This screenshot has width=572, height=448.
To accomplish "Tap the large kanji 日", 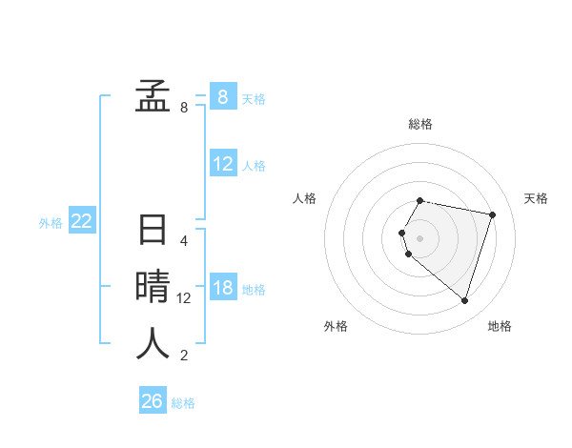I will pyautogui.click(x=153, y=232).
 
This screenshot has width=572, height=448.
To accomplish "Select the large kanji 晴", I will pyautogui.click(x=153, y=287).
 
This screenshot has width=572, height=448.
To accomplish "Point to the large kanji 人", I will pyautogui.click(x=153, y=342).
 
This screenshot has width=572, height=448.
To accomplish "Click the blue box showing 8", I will pyautogui.click(x=222, y=96).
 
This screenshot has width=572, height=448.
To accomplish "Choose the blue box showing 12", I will pyautogui.click(x=223, y=164).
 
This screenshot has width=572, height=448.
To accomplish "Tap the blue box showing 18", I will pyautogui.click(x=223, y=288).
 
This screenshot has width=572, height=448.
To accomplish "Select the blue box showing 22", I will pyautogui.click(x=81, y=221).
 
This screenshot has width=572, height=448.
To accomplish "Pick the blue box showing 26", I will pyautogui.click(x=152, y=401).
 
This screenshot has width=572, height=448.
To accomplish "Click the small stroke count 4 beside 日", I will pyautogui.click(x=184, y=241).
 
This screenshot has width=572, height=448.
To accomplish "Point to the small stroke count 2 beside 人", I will pyautogui.click(x=184, y=356).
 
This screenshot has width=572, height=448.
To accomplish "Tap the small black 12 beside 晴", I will pyautogui.click(x=184, y=297).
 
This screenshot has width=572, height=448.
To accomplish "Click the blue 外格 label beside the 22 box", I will pyautogui.click(x=51, y=223).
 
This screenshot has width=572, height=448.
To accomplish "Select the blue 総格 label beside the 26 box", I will pyautogui.click(x=183, y=403).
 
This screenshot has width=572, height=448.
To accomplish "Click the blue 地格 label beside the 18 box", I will pyautogui.click(x=255, y=290).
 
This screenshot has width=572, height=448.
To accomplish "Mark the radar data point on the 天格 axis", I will pyautogui.click(x=492, y=215).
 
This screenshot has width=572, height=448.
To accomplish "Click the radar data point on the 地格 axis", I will pyautogui.click(x=464, y=301).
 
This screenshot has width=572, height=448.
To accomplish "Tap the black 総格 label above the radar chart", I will pyautogui.click(x=420, y=124).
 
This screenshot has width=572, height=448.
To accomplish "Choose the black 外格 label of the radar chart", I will pyautogui.click(x=336, y=327).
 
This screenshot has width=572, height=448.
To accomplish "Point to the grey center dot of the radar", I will pyautogui.click(x=420, y=237).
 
